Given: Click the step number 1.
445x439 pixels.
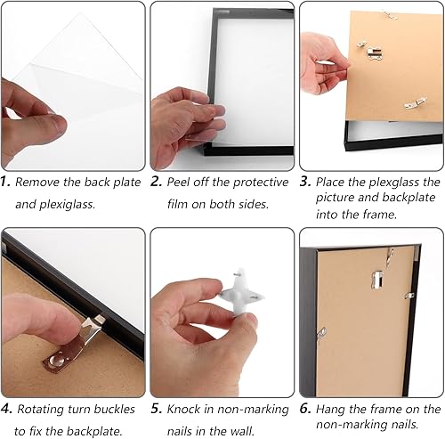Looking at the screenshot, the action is (5, 182).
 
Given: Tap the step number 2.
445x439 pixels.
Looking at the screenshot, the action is (156, 182).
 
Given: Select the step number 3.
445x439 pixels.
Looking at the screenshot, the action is (305, 182).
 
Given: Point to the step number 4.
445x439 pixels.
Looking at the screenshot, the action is (6, 409).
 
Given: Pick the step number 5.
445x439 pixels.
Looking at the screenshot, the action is (157, 409).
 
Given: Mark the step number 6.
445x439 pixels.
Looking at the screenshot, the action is (305, 409).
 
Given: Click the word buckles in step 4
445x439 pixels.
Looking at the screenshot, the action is (113, 409).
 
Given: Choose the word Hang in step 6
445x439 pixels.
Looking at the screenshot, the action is (330, 409).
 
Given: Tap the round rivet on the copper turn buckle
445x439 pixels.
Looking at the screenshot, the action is (58, 359).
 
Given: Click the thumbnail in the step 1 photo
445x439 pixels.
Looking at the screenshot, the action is (59, 124).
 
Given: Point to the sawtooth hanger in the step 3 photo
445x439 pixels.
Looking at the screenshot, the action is (374, 53).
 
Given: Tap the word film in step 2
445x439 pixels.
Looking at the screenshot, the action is (177, 204).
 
